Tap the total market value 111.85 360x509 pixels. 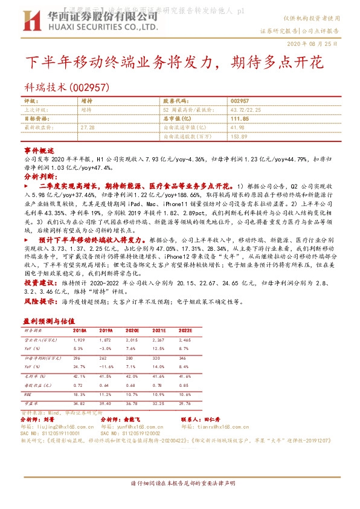point(240,119)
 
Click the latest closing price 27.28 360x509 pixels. point(88,128)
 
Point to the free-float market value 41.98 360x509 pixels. point(237,128)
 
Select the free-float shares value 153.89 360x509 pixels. point(239,137)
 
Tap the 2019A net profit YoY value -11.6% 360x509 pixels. point(106,366)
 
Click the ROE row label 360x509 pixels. point(28,394)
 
